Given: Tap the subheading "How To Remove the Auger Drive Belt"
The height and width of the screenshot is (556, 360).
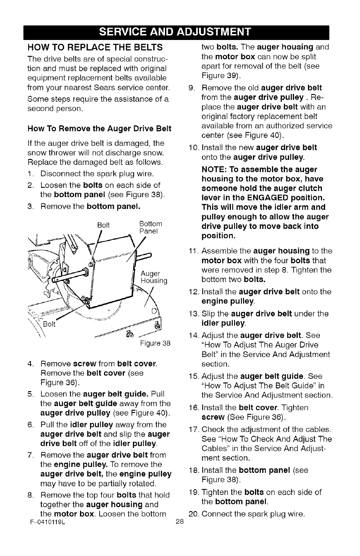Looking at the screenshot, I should (x=99, y=129).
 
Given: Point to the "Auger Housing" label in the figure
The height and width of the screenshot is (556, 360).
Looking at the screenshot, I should (x=155, y=277).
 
